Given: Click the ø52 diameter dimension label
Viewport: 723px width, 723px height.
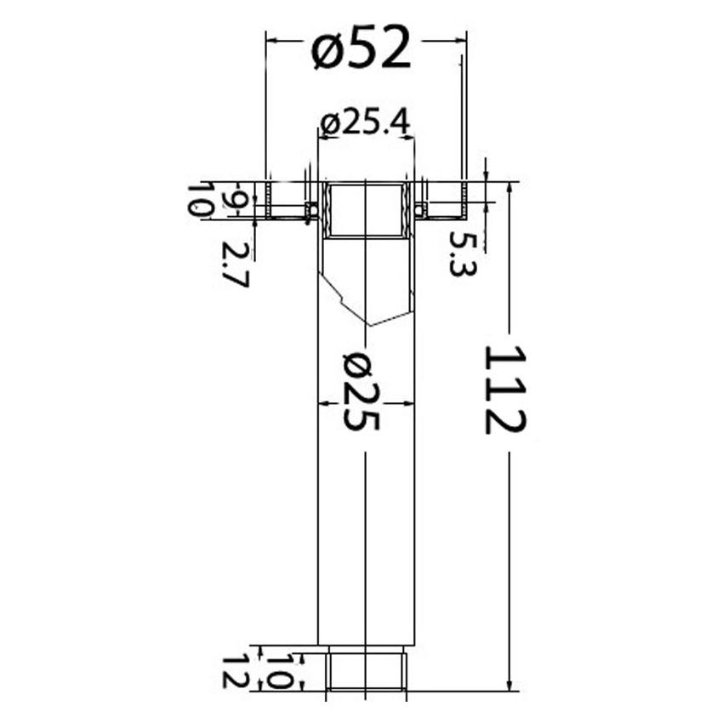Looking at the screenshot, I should point(361,48).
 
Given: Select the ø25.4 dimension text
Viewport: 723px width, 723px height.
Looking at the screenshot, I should point(366,123).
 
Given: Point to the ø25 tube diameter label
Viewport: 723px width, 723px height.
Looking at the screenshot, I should point(363,392).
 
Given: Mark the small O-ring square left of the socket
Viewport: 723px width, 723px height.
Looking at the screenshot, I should point(311,208).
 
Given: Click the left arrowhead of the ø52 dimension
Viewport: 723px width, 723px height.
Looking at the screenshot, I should point(270,37).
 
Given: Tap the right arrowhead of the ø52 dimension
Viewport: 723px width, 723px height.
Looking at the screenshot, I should point(462,37).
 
